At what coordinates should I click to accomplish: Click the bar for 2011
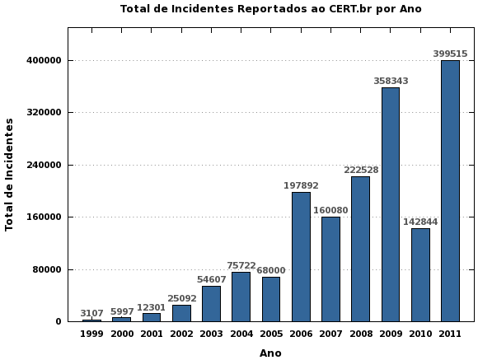pyautogui.click(x=450, y=191)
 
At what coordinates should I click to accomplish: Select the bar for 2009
pyautogui.click(x=391, y=204)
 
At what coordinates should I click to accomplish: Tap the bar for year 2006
pyautogui.click(x=301, y=256)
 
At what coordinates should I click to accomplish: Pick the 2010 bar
pyautogui.click(x=420, y=274)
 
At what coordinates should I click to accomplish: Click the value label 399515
pyautogui.click(x=450, y=54)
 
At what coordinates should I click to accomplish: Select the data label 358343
pyautogui.click(x=391, y=82)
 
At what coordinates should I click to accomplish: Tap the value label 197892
pyautogui.click(x=301, y=186)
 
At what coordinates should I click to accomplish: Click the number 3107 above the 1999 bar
pyautogui.click(x=91, y=313)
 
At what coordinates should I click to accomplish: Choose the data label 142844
pyautogui.click(x=420, y=222)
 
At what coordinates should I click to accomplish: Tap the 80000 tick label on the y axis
pyautogui.click(x=47, y=270)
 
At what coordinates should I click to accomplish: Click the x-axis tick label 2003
pyautogui.click(x=211, y=334)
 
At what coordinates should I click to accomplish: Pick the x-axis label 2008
pyautogui.click(x=360, y=334)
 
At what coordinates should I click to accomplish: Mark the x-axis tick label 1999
pyautogui.click(x=91, y=334)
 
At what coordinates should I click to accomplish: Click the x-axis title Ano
pyautogui.click(x=270, y=353)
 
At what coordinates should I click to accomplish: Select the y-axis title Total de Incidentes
pyautogui.click(x=10, y=174)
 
